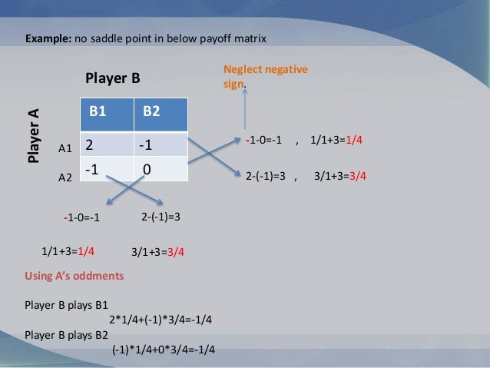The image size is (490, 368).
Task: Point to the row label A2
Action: coord(65,177)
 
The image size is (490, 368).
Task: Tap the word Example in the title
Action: coord(48,37)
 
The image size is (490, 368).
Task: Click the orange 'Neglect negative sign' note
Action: coord(265,77)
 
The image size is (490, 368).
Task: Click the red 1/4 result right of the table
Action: coord(355,141)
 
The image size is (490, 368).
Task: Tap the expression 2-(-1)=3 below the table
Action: coord(161,217)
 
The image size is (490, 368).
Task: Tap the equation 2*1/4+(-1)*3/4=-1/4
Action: coord(161,320)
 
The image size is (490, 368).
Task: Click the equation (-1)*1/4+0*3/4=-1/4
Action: coord(163,350)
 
